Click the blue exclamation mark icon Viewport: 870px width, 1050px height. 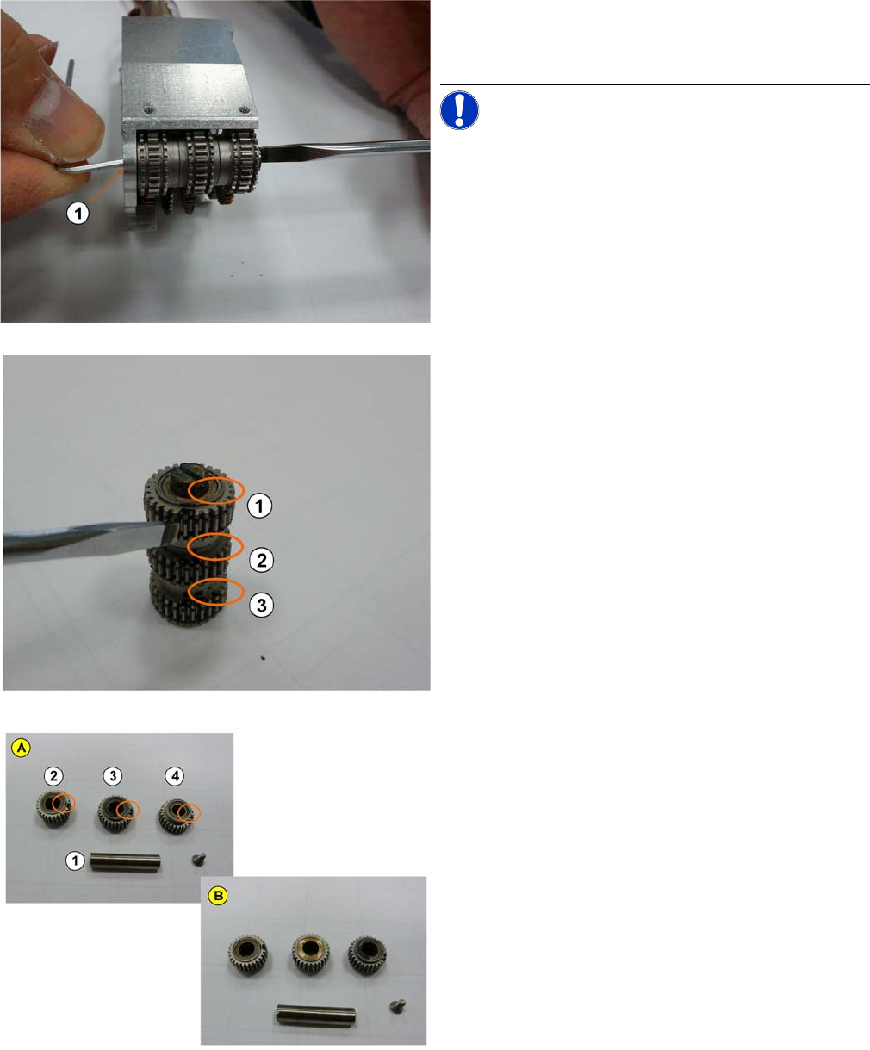pyautogui.click(x=459, y=110)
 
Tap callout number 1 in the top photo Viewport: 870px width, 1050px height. pyautogui.click(x=78, y=214)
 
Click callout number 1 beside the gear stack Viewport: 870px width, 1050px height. pyautogui.click(x=259, y=506)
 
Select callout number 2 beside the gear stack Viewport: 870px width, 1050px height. pyautogui.click(x=262, y=560)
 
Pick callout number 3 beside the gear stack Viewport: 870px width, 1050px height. pyautogui.click(x=262, y=605)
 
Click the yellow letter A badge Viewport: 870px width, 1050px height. pyautogui.click(x=22, y=748)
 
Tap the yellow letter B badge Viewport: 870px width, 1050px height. pyautogui.click(x=218, y=895)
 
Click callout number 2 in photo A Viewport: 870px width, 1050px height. pyautogui.click(x=53, y=776)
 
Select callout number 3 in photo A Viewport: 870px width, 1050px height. pyautogui.click(x=113, y=776)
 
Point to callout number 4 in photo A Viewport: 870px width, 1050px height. pyautogui.click(x=175, y=776)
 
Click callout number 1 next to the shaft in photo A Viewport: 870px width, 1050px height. pyautogui.click(x=76, y=861)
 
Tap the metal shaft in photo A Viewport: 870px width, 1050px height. pyautogui.click(x=125, y=861)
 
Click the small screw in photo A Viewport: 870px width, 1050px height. pyautogui.click(x=199, y=859)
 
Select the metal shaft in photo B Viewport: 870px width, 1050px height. pyautogui.click(x=316, y=1016)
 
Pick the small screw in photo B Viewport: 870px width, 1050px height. pyautogui.click(x=397, y=1006)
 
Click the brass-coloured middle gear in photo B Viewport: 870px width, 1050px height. pyautogui.click(x=311, y=954)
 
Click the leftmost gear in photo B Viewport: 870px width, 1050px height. pyautogui.click(x=248, y=955)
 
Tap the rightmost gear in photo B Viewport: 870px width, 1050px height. pyautogui.click(x=367, y=955)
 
